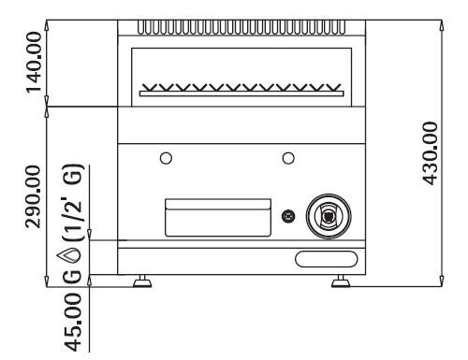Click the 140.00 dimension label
pos(34,63)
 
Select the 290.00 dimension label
pos(33,197)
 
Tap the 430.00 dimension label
pos(430,153)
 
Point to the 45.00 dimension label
pos(73,322)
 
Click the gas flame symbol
pos(69,256)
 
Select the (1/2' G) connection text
pos(73,202)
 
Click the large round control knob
pos(329,216)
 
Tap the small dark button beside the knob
pos(288,216)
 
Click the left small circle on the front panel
pos(166,158)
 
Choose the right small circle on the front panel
pos(288,158)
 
